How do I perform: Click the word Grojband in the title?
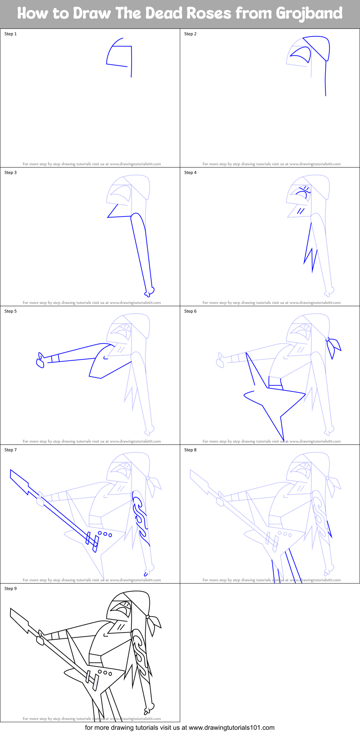pos(309,13)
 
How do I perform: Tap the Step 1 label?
pos(10,34)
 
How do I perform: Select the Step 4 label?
pos(190,173)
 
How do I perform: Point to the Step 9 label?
pos(10,589)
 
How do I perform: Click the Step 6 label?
pos(190,311)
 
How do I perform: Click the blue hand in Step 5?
pos(40,361)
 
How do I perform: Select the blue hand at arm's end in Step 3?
pos(150,291)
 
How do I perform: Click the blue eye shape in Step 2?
pos(301,55)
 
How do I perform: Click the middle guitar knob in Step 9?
pos(105,672)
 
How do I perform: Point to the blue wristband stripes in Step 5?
pos(55,358)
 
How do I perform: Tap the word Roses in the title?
pos(210,13)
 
